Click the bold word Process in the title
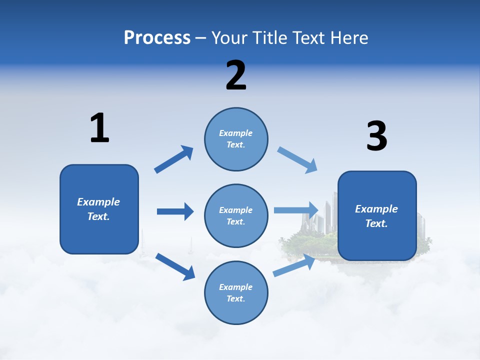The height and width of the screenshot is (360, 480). pos(157,37)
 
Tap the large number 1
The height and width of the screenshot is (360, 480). pos(99,128)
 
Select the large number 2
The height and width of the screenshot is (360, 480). pos(236,75)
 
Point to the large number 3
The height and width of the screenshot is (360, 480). pos(376,136)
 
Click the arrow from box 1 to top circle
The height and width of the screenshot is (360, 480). pos(173,159)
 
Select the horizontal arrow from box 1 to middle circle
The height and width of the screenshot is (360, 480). pos(175,211)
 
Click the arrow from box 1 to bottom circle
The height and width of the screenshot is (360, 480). pos(175,266)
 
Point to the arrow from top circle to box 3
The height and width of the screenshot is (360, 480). pos(297,160)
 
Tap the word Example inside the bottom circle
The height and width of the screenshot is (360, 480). pos(236,287)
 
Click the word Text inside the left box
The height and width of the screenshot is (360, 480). pos(98,216)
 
